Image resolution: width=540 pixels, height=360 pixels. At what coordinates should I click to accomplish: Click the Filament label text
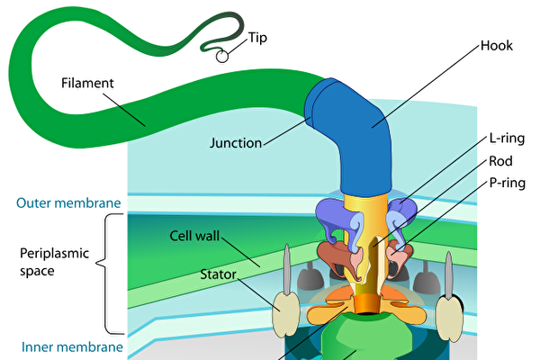click(x=87, y=84)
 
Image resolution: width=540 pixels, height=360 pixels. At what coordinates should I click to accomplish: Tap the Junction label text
click(x=235, y=142)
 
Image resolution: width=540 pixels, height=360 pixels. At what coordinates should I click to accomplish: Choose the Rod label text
click(x=500, y=162)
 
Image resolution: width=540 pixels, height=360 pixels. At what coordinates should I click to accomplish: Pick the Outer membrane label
click(x=60, y=202)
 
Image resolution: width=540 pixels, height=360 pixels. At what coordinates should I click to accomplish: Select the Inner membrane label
click(x=59, y=346)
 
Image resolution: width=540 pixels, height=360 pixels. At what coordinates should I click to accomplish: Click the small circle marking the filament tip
click(x=220, y=55)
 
